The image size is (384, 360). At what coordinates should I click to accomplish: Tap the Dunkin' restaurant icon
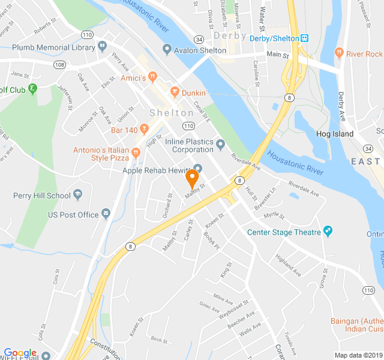coord(175,92)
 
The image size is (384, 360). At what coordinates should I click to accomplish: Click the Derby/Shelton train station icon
coord(305,38)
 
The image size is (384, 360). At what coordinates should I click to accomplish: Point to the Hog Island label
coord(335,134)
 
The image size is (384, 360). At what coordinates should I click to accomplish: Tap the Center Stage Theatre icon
coord(328,231)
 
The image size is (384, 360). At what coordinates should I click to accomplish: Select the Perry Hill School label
coord(41,195)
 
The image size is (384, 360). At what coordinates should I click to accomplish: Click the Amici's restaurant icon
coord(153,77)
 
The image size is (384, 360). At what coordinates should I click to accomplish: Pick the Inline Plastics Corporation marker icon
coord(221,144)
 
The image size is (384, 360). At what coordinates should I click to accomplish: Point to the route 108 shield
coord(59,64)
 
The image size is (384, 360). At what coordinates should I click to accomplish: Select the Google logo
coord(20,353)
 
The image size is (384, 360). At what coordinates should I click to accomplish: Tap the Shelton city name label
coord(172,113)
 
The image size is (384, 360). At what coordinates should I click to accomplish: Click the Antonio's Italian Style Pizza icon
coord(136,152)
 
